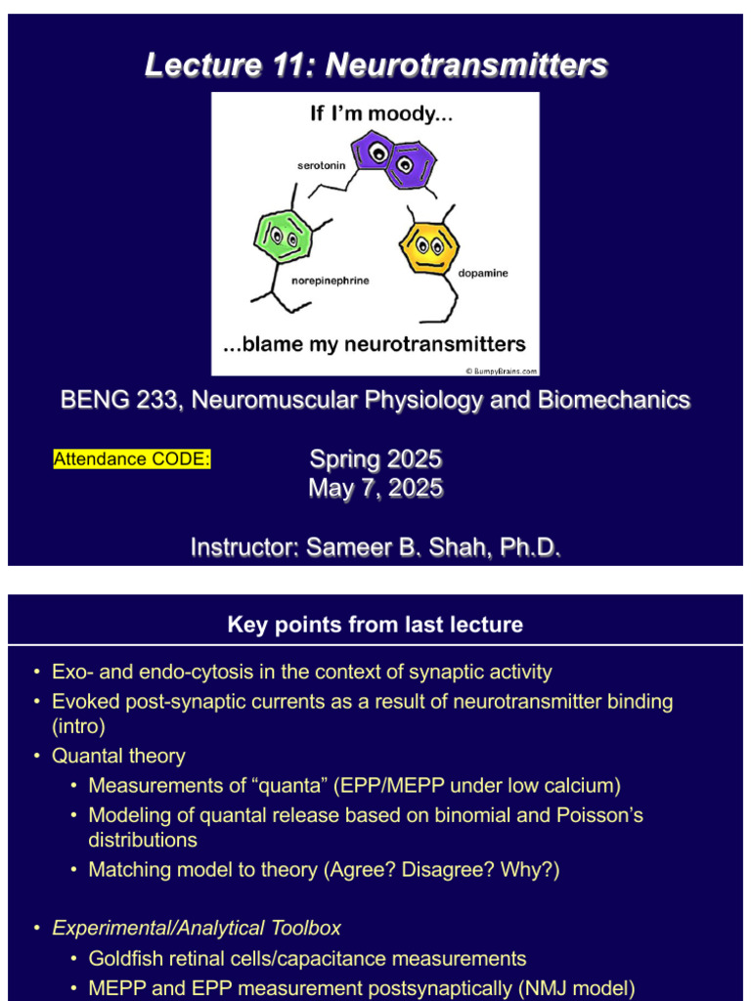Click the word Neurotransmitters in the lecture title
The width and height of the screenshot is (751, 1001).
tap(465, 65)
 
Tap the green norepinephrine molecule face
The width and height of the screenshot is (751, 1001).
tap(283, 236)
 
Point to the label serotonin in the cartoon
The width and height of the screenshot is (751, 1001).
tap(321, 166)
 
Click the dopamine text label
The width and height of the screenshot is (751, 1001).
tap(483, 273)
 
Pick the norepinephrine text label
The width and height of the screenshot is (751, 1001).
tap(331, 282)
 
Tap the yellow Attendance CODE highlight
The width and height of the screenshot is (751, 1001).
tap(132, 458)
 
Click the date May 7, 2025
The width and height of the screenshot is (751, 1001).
tap(375, 488)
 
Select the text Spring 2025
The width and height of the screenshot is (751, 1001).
tap(375, 458)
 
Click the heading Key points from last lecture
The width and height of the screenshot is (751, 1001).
tap(375, 625)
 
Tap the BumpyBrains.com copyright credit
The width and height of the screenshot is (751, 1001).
tap(500, 370)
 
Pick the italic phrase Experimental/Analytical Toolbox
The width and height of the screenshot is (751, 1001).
tap(197, 928)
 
